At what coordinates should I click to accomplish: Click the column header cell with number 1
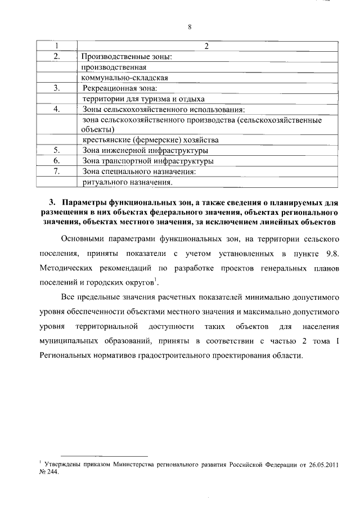click(56, 46)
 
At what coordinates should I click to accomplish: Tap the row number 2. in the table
click(56, 56)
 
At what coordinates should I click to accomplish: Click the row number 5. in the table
click(56, 151)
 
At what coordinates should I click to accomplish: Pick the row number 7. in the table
click(56, 171)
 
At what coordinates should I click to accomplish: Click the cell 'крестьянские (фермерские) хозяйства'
click(150, 140)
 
